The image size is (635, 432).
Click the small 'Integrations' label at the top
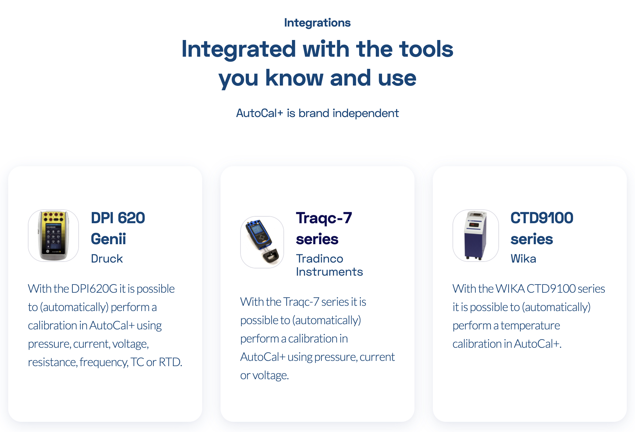tap(317, 23)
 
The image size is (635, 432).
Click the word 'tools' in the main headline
tap(426, 49)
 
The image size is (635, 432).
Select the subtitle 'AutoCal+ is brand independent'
tap(317, 113)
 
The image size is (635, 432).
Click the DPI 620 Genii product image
tap(53, 235)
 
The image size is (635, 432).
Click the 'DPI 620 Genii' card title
tap(118, 228)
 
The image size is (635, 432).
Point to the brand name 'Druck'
tap(107, 259)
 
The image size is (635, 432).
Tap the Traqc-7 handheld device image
tap(262, 242)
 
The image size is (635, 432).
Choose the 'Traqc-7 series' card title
tap(324, 228)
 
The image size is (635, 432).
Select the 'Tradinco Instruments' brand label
tap(329, 265)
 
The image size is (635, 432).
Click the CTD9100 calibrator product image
tap(475, 235)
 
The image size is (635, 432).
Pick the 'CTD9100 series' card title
tap(542, 228)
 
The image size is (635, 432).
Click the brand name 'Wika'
tap(523, 259)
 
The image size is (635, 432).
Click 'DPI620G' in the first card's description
tap(94, 289)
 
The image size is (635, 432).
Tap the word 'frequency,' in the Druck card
tap(104, 362)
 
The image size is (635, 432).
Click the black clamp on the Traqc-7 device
tap(271, 256)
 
